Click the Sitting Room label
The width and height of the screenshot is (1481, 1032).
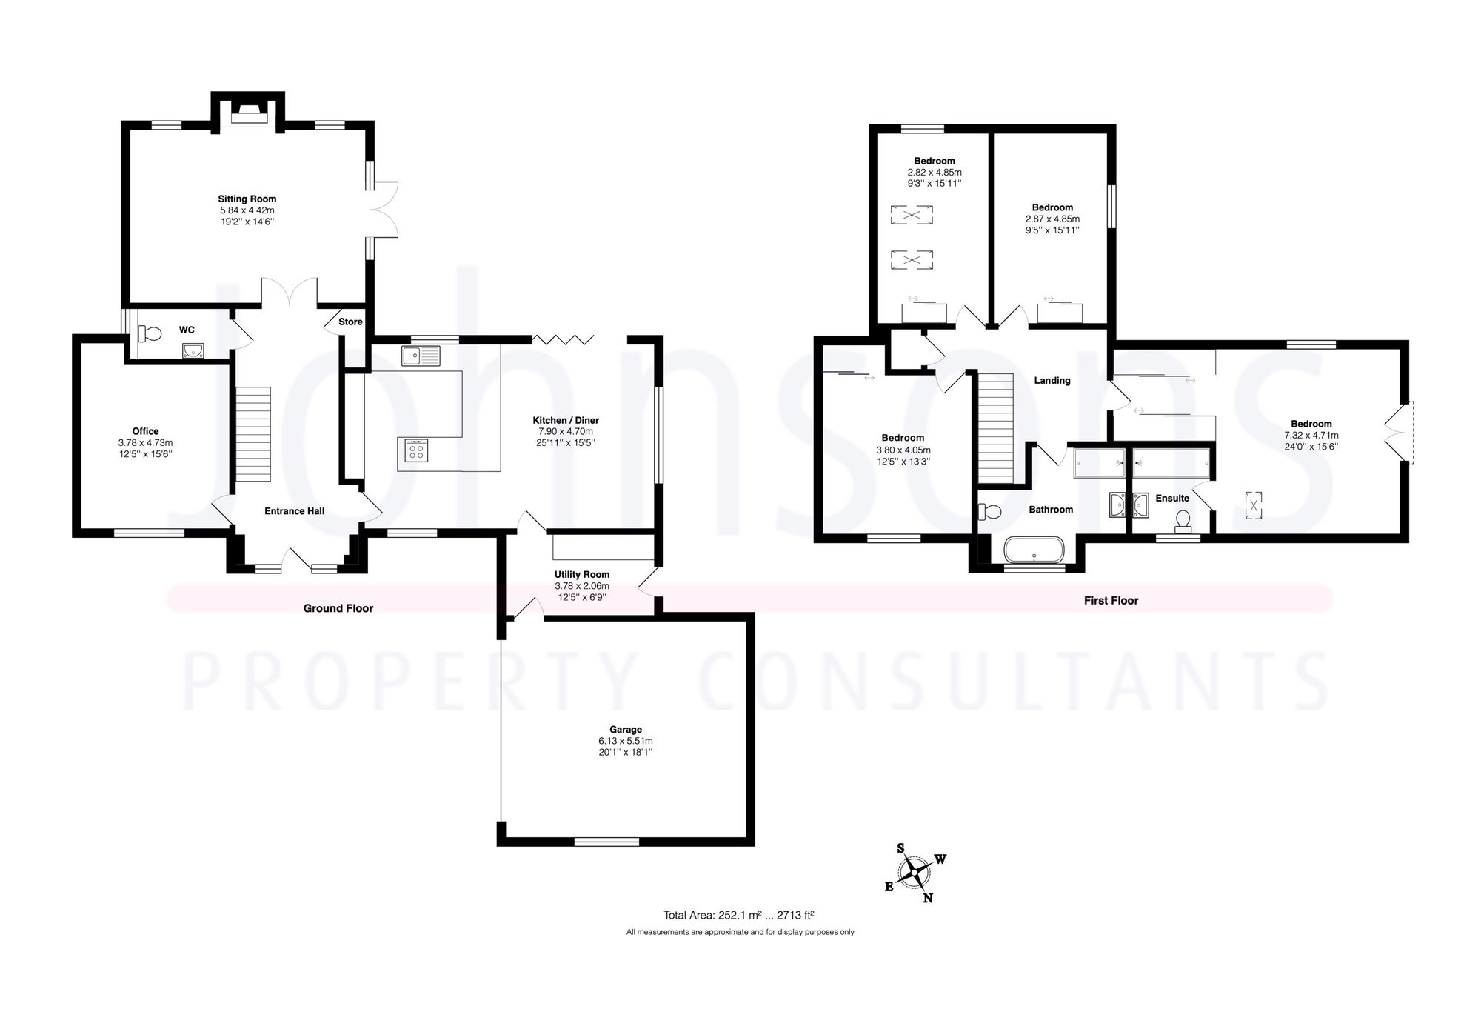point(247,199)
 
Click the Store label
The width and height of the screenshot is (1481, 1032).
point(350,322)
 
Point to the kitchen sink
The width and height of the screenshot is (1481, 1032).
point(421,356)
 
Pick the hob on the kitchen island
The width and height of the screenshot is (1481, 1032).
point(416,450)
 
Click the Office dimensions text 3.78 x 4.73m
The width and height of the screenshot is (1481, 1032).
point(145,443)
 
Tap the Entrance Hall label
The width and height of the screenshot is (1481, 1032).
point(294,511)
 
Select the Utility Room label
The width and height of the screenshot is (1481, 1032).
point(582,574)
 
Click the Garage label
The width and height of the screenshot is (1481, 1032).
point(626,729)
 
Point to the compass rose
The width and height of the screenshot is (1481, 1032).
point(915,872)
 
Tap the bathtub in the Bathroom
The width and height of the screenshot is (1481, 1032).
point(1034,551)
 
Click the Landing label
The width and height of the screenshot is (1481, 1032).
point(1052,381)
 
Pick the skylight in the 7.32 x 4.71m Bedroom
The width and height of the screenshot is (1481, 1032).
point(1253,506)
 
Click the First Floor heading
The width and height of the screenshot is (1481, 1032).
point(1111,601)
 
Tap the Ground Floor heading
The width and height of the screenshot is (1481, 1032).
point(338,608)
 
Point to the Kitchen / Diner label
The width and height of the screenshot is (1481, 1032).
point(566,420)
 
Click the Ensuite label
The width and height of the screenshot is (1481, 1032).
point(1172,499)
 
